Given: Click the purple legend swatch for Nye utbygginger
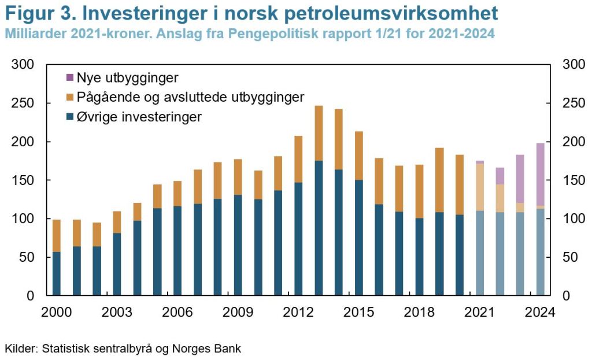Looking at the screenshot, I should click(x=71, y=77).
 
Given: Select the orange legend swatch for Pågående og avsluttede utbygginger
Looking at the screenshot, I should click(x=71, y=97).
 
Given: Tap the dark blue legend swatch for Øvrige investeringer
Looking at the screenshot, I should click(x=71, y=117).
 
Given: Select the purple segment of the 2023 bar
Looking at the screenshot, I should click(x=520, y=179).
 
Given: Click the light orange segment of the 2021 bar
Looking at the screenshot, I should click(x=480, y=187).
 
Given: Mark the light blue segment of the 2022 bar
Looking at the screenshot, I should click(x=500, y=254).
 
